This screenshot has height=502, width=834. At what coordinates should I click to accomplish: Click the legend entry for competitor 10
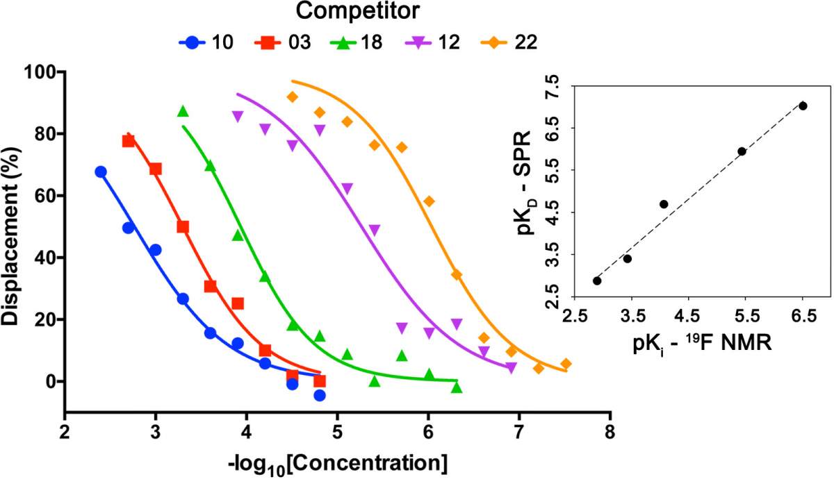(x=206, y=42)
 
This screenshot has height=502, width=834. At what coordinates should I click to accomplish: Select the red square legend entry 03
(x=283, y=42)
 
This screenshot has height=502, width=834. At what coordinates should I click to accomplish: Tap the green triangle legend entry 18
(x=357, y=42)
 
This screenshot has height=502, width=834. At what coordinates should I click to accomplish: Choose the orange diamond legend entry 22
(x=509, y=42)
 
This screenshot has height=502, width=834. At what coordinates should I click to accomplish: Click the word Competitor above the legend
(x=357, y=11)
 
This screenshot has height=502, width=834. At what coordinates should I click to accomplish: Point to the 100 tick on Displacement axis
(x=42, y=72)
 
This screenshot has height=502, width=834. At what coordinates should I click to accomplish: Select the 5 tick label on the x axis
(x=337, y=433)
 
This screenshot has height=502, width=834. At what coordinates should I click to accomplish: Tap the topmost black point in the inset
(x=803, y=106)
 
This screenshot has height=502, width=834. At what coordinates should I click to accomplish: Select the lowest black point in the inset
(x=597, y=281)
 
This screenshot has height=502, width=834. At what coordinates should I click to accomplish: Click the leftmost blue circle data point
(x=101, y=171)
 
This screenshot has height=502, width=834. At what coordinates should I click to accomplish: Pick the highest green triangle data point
(x=183, y=111)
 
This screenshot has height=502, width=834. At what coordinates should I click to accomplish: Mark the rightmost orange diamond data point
(x=566, y=364)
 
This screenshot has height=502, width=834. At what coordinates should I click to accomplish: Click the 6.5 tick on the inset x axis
(x=804, y=316)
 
